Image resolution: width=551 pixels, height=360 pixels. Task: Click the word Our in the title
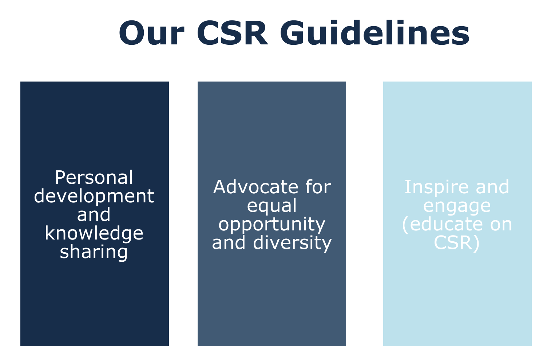click(151, 33)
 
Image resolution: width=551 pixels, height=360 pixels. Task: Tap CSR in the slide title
click(232, 33)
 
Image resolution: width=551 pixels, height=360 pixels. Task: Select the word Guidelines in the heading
click(374, 33)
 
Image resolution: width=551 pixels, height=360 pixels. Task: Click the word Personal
click(94, 177)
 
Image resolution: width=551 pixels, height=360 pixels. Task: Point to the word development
click(94, 196)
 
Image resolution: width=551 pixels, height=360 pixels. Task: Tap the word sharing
click(94, 252)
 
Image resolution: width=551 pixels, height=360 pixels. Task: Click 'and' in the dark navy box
click(94, 214)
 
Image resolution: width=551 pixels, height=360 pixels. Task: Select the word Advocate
click(256, 187)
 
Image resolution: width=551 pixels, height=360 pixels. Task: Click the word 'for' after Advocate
click(318, 187)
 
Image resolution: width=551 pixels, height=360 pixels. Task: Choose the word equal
click(272, 205)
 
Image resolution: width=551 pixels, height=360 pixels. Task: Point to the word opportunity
click(272, 224)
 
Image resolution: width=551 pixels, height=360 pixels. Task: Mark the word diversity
click(293, 243)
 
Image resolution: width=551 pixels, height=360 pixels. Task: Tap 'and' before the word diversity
click(229, 243)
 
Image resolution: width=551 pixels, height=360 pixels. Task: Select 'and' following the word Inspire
click(492, 187)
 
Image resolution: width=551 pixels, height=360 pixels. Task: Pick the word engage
click(457, 205)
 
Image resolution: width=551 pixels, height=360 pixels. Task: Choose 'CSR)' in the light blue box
click(457, 243)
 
